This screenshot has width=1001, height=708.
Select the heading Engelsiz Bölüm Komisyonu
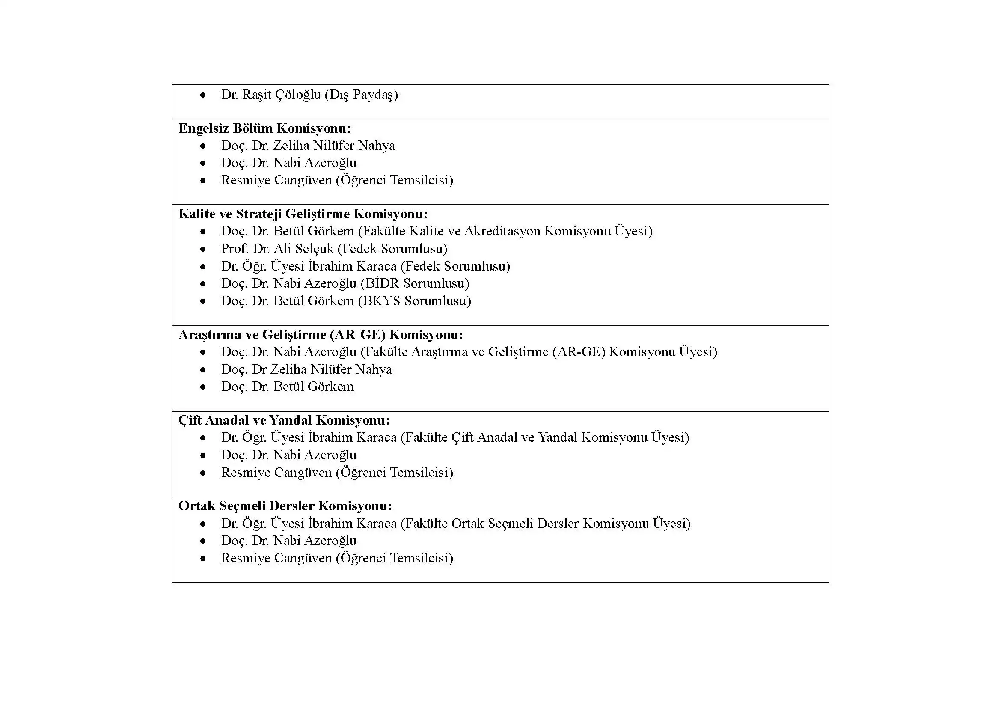(264, 128)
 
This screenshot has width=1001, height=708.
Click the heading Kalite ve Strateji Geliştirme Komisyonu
(303, 214)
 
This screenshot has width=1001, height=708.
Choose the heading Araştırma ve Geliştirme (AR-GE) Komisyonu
(321, 334)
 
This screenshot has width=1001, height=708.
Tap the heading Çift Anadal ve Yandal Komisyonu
(284, 420)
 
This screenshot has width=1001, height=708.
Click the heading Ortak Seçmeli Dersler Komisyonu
(285, 506)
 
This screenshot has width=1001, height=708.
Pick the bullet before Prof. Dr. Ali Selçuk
(203, 250)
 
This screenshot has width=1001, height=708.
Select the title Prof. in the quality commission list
(235, 249)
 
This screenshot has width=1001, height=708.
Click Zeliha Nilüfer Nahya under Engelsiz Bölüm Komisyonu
(333, 145)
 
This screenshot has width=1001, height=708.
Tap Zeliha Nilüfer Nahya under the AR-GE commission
(330, 369)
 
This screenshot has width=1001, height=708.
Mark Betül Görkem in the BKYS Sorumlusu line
(313, 301)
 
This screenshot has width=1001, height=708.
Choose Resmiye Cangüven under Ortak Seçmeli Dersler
(276, 558)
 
